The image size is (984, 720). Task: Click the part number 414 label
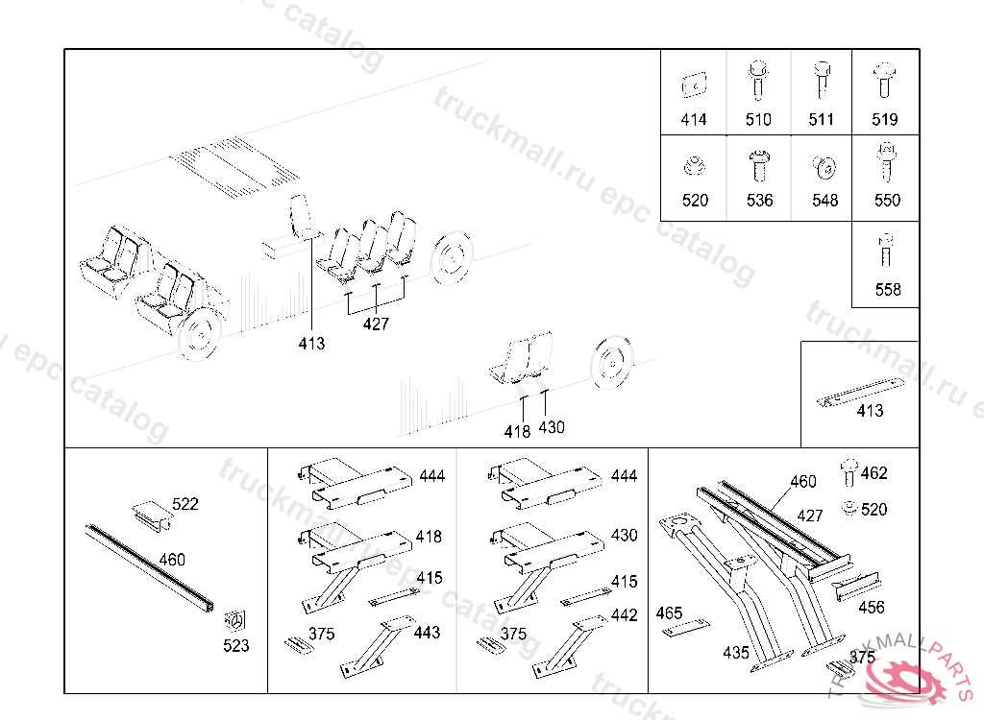[x=694, y=119]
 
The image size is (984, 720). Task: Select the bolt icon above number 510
[x=758, y=81]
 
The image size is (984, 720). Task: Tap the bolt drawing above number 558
[x=885, y=251]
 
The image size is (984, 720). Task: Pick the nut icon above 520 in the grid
[x=694, y=166]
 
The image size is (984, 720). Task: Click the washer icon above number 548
[x=824, y=167]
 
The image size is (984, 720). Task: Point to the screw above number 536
[x=759, y=165]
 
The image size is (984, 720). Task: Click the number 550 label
[x=887, y=200]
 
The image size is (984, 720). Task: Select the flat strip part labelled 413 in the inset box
[x=860, y=392]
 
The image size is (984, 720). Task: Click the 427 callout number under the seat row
[x=376, y=324]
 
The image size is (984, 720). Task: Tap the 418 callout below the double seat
[x=517, y=431]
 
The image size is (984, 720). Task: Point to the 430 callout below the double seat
[x=552, y=427]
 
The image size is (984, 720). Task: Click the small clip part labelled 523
[x=235, y=620]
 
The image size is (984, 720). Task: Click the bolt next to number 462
[x=849, y=472]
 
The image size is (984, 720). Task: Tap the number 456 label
[x=872, y=607]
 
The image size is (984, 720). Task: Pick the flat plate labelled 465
[x=686, y=628]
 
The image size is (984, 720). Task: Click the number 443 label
[x=427, y=633]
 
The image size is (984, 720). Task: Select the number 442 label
[x=625, y=615]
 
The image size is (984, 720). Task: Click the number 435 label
[x=736, y=653]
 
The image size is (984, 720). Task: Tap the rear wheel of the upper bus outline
[x=452, y=257]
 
